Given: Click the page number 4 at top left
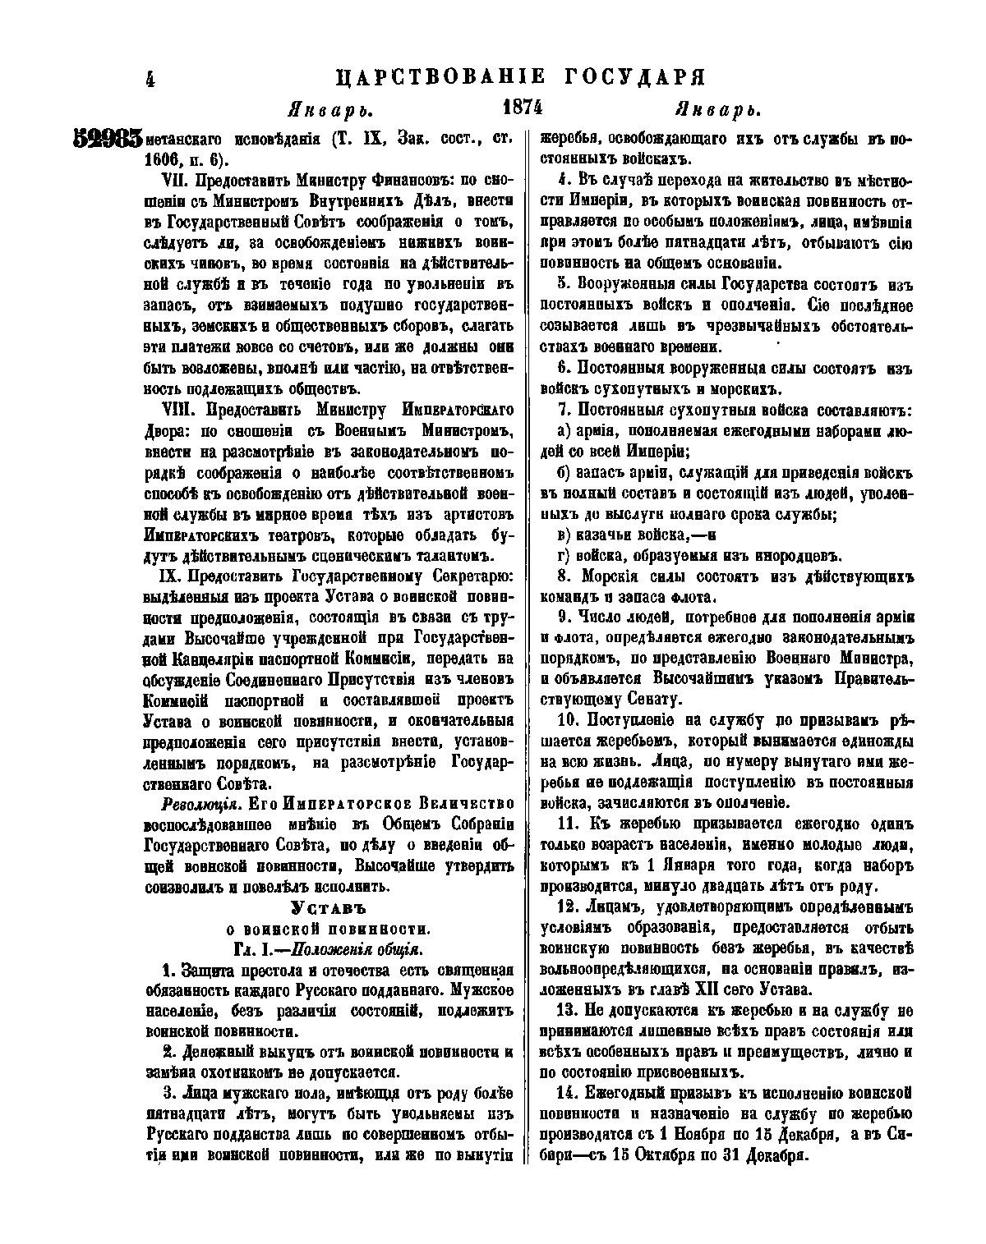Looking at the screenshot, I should [150, 79].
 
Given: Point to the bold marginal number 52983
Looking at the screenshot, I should [108, 139].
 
